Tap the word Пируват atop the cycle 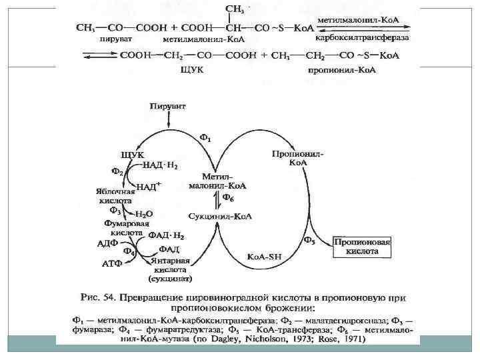click(168, 106)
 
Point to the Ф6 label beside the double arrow click(228, 198)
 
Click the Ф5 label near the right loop click(309, 241)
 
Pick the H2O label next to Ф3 click(144, 214)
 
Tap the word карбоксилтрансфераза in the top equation click(363, 37)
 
